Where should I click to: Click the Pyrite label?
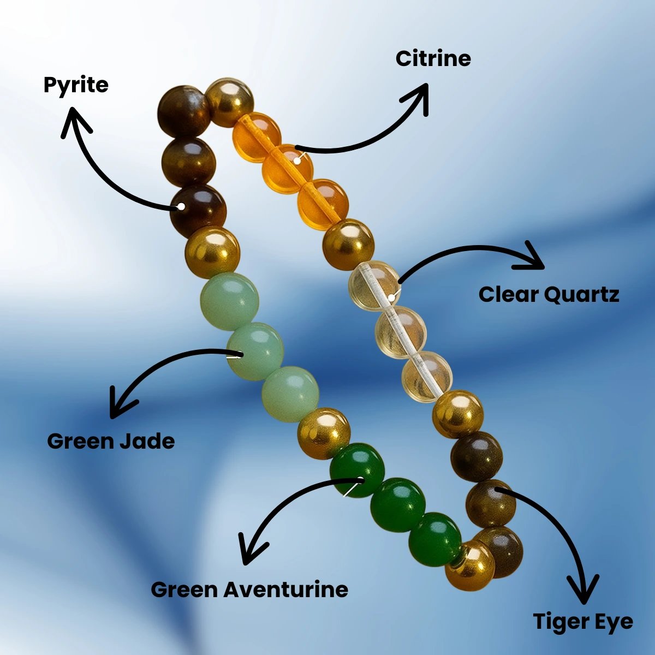click(x=76, y=85)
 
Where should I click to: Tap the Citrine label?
click(x=433, y=58)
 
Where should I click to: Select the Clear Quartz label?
click(x=549, y=295)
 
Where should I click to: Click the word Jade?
click(x=146, y=441)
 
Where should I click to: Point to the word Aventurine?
click(x=286, y=589)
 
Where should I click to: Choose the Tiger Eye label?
click(x=583, y=622)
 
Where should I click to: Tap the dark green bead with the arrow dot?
click(x=357, y=470)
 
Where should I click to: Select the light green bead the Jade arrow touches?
click(x=255, y=351)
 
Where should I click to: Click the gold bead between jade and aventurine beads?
click(x=324, y=433)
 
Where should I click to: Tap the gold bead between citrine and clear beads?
click(x=348, y=245)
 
